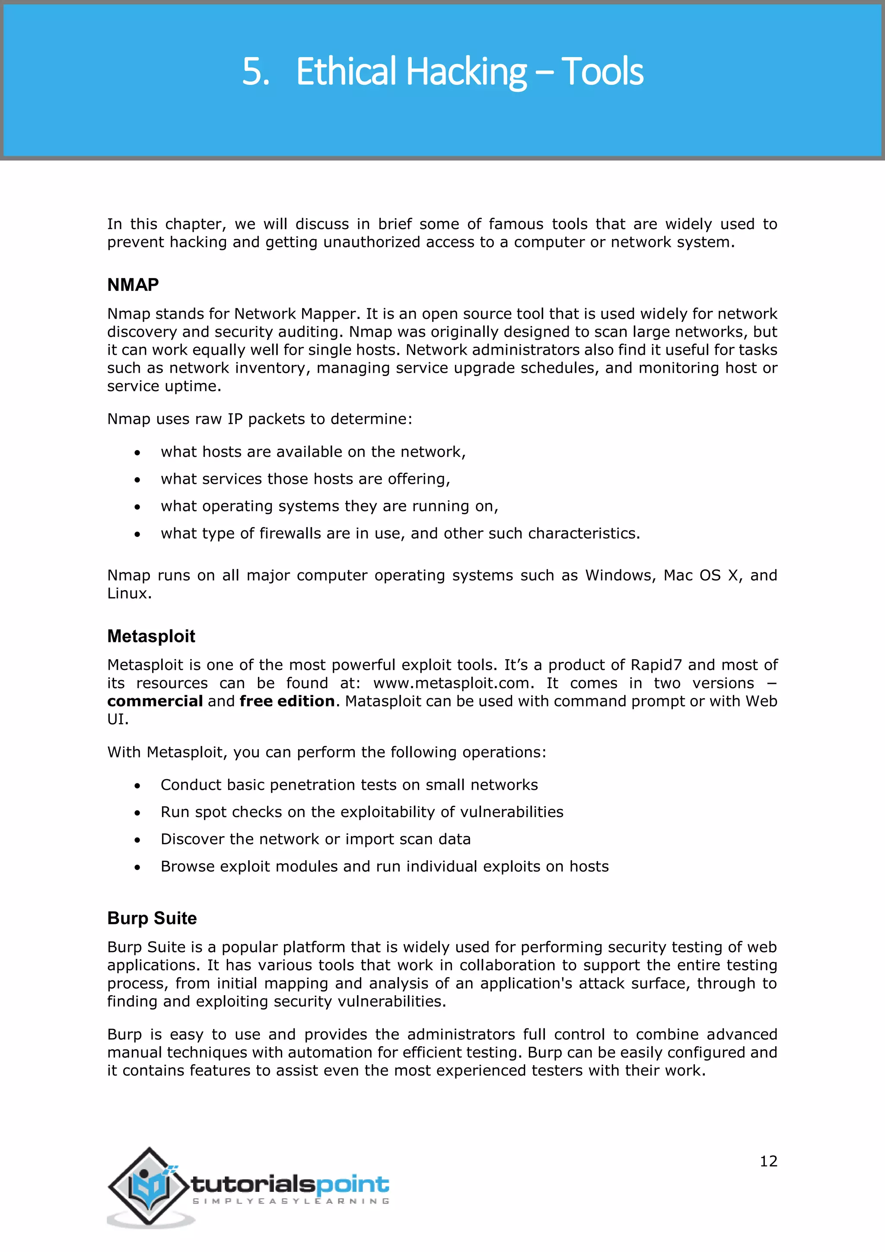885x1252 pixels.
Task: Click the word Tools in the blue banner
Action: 602,72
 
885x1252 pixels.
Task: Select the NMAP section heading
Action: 133,284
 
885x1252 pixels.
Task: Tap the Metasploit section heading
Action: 151,636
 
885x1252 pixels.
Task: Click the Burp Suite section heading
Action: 152,918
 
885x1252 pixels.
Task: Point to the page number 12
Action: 768,1160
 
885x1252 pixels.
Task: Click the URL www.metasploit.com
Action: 452,683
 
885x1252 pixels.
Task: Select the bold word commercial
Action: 155,701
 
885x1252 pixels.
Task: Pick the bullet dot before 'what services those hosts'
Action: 137,480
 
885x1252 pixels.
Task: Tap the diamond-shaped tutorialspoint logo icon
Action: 148,1186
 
